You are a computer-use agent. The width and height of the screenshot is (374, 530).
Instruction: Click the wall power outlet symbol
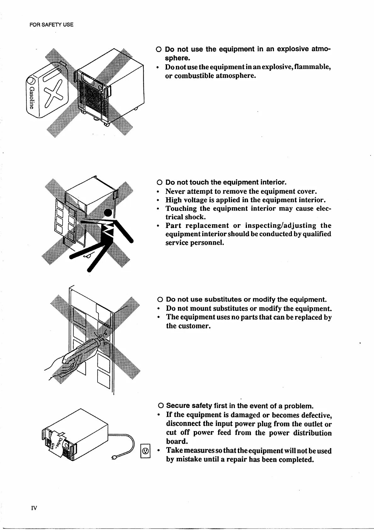[145, 451]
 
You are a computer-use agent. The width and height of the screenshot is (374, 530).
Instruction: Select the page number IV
[34, 508]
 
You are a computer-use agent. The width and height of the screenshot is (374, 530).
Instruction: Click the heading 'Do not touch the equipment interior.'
[226, 182]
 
